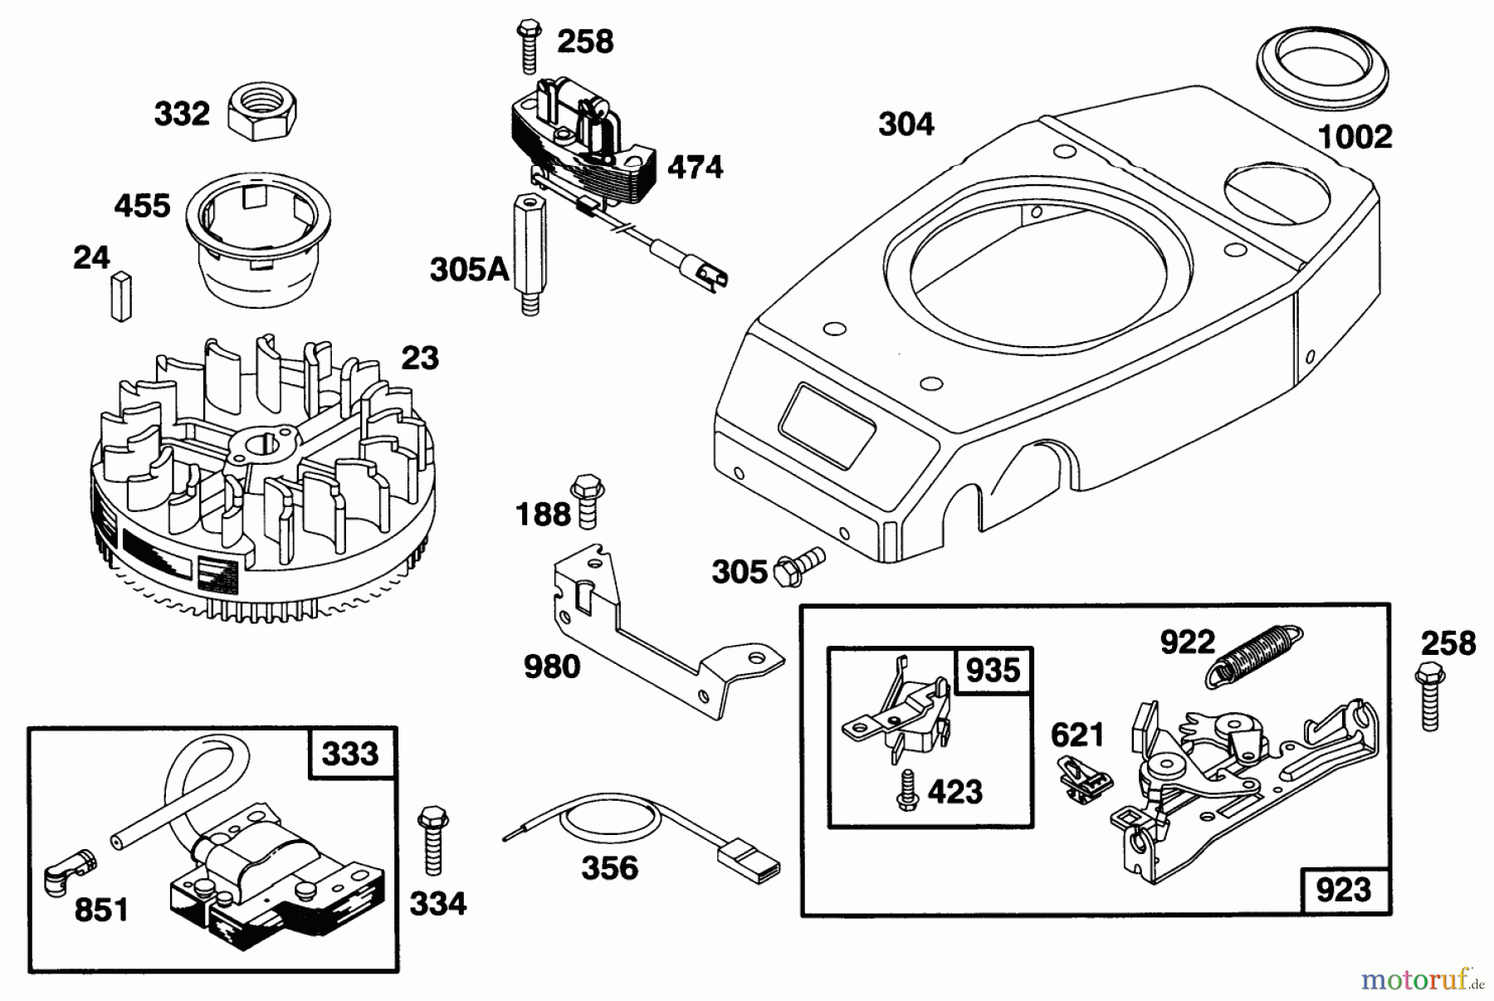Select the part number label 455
(143, 206)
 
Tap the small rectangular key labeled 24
(120, 296)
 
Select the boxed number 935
(993, 669)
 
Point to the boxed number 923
(1343, 890)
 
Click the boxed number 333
(350, 754)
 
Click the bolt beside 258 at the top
(527, 46)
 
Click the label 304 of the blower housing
(906, 125)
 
